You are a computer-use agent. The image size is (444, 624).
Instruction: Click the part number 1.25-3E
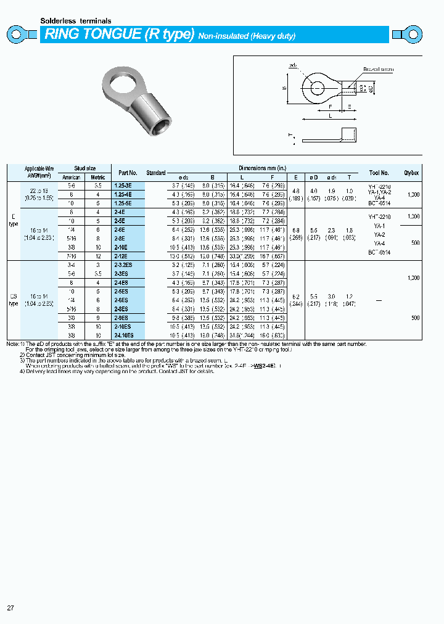123,185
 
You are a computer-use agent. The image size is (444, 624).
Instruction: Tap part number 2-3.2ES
123,265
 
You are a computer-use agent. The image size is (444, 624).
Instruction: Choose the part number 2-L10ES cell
124,335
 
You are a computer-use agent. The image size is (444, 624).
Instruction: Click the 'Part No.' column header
128,173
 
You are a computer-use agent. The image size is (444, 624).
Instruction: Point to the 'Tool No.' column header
379,173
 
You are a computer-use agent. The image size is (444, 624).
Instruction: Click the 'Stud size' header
85,168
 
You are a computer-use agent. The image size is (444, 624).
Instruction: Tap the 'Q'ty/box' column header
411,173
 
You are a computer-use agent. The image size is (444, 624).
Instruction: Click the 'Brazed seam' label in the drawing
377,70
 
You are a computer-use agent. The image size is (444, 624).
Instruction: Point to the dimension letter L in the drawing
331,115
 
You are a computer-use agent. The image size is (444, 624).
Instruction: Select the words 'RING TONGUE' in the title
92,35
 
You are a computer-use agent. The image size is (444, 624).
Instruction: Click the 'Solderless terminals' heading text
76,21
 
